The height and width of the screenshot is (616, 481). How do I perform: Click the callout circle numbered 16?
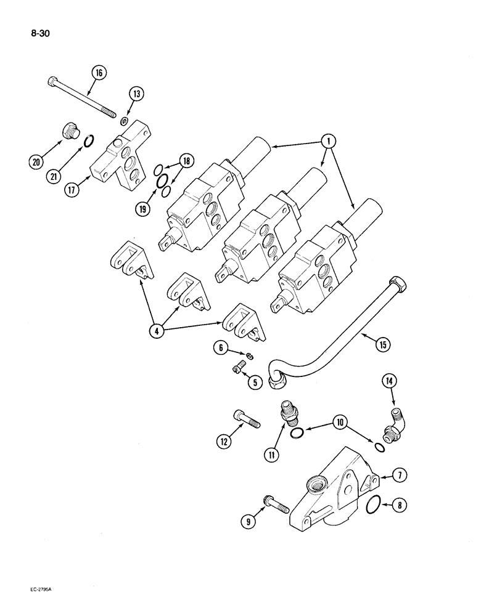click(98, 73)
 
